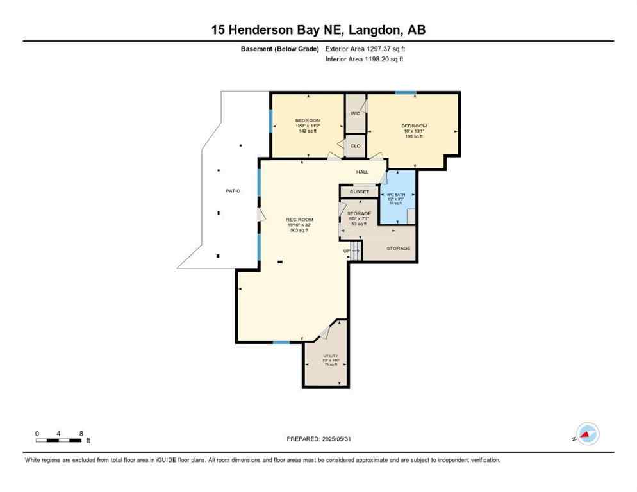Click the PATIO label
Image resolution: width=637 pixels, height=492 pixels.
click(x=233, y=191)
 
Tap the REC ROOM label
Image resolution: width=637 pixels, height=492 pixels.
click(x=299, y=220)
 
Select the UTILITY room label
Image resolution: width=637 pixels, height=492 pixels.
click(x=331, y=356)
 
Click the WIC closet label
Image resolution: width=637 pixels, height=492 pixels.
click(x=355, y=113)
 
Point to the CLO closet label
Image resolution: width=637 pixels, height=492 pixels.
click(x=355, y=146)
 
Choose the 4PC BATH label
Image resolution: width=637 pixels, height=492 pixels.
click(x=395, y=195)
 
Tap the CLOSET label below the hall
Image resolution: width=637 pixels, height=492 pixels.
click(x=359, y=192)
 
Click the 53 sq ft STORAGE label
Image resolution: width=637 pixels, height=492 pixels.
click(x=359, y=213)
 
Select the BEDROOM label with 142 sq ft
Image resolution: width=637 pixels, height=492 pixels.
click(x=308, y=120)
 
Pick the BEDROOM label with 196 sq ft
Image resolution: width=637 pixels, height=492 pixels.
click(x=414, y=126)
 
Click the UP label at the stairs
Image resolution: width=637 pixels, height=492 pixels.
click(x=347, y=251)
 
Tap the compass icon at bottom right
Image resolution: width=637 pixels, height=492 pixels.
click(x=587, y=434)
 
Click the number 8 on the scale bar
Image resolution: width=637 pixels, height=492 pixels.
click(x=81, y=433)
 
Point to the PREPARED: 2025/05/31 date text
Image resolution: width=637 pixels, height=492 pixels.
click(x=318, y=439)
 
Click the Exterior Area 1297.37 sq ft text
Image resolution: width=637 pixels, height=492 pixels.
click(x=365, y=49)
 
